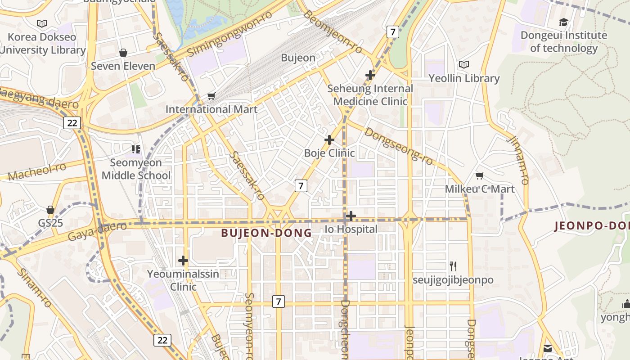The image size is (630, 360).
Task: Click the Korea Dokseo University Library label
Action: pyautogui.click(x=42, y=43)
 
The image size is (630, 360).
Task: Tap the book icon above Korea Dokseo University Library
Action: pyautogui.click(x=42, y=23)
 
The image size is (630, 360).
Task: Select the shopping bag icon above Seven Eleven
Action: pyautogui.click(x=123, y=53)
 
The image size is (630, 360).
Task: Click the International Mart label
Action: pyautogui.click(x=211, y=109)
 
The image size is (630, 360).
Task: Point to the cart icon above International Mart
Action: pyautogui.click(x=211, y=96)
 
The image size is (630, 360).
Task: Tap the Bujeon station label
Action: pyautogui.click(x=298, y=58)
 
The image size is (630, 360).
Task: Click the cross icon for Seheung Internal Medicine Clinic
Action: pyautogui.click(x=370, y=75)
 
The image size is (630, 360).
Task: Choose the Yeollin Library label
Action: pyautogui.click(x=464, y=78)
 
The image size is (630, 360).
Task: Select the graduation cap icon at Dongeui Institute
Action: pyautogui.click(x=563, y=22)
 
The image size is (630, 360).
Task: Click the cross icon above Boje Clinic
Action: pyautogui.click(x=329, y=140)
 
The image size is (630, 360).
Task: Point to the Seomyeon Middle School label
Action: pyautogui.click(x=136, y=169)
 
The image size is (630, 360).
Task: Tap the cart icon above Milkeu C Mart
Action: pyautogui.click(x=480, y=176)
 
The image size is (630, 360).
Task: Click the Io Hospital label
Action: pyautogui.click(x=351, y=229)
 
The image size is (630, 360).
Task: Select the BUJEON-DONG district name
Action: pyautogui.click(x=266, y=233)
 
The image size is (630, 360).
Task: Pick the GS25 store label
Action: pyautogui.click(x=50, y=223)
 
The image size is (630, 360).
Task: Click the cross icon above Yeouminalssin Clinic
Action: pyautogui.click(x=183, y=261)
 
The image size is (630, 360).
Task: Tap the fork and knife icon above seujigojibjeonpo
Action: pyautogui.click(x=453, y=266)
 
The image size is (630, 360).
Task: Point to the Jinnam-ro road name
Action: pyautogui.click(x=517, y=159)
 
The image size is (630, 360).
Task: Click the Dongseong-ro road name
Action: pyautogui.click(x=399, y=146)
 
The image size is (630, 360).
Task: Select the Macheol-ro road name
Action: pyautogui.click(x=37, y=171)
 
